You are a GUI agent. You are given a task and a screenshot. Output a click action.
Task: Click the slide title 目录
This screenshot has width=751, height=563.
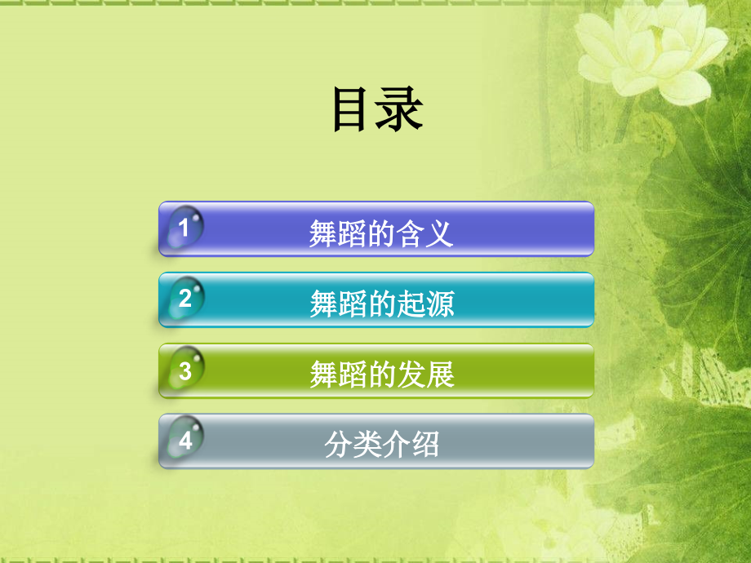click(377, 110)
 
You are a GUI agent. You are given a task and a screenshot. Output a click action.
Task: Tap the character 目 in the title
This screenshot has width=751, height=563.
click(353, 110)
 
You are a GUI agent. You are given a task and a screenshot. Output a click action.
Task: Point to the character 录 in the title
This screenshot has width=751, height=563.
click(401, 110)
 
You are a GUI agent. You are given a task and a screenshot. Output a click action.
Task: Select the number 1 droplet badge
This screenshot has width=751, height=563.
click(184, 228)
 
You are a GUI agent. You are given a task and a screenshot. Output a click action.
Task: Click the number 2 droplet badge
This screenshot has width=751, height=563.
click(184, 299)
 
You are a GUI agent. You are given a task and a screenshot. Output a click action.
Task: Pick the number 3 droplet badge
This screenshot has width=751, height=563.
click(184, 371)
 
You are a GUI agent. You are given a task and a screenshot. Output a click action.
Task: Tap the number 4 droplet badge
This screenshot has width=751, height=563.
click(184, 441)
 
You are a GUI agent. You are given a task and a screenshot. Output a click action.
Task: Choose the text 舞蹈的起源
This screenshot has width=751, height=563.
click(382, 304)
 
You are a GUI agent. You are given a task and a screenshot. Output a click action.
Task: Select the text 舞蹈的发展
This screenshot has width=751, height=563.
click(382, 375)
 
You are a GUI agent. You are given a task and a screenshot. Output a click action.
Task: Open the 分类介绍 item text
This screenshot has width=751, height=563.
click(382, 446)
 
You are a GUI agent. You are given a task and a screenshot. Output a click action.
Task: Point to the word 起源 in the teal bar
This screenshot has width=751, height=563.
click(426, 304)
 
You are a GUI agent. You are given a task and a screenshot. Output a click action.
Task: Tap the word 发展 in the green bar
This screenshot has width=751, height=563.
click(426, 375)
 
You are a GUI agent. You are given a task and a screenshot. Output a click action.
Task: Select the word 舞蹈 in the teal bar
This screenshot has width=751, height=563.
click(338, 304)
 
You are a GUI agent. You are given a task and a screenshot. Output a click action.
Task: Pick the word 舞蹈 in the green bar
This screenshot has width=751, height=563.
click(338, 375)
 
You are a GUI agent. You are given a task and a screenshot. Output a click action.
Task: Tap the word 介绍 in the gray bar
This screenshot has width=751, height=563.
click(411, 446)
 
